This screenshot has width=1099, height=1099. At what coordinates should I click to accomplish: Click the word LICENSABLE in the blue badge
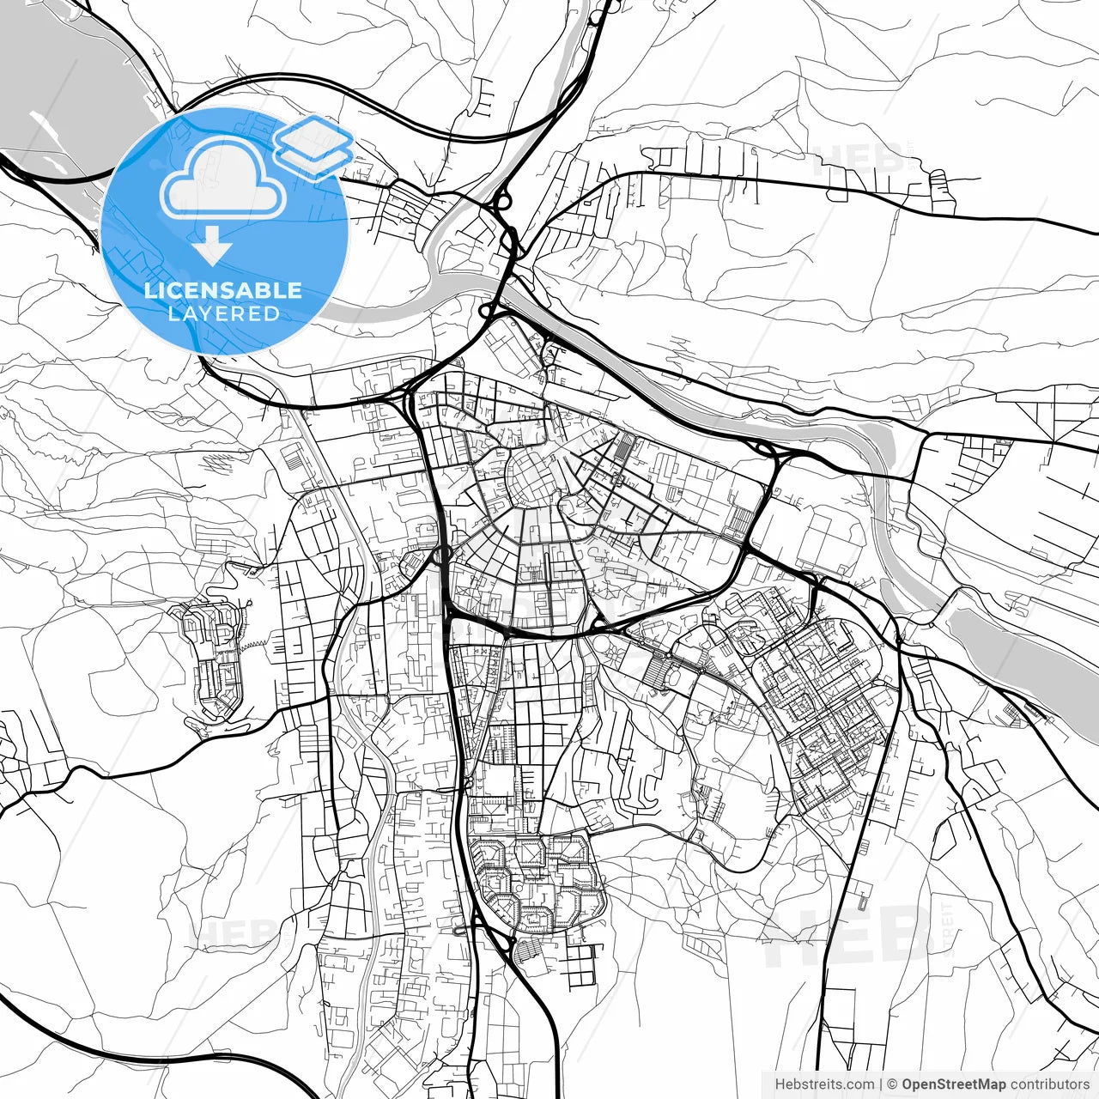[x=223, y=290]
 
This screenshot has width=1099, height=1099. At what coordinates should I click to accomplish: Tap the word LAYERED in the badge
[x=223, y=314]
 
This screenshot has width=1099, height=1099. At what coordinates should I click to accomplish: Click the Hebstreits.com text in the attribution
[x=824, y=1084]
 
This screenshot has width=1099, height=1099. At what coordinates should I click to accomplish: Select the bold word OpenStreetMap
[x=953, y=1084]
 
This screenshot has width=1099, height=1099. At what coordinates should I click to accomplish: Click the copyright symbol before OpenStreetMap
[x=893, y=1084]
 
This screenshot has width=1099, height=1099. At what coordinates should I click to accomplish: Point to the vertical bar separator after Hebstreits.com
[x=881, y=1084]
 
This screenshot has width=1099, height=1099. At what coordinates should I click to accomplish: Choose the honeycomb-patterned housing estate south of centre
[x=537, y=880]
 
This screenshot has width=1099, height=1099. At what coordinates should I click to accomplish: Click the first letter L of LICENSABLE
[x=149, y=290]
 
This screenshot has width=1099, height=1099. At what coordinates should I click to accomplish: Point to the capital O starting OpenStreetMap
[x=908, y=1084]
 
